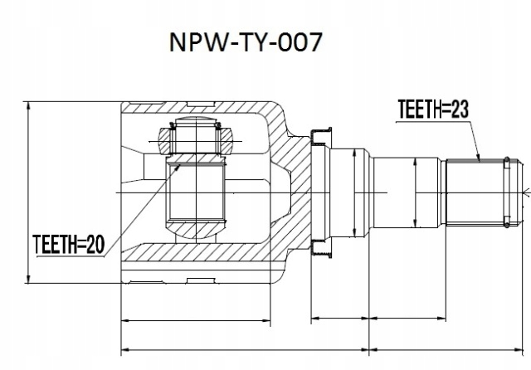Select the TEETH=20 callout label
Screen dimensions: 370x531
(x=68, y=243)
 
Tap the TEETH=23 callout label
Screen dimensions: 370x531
(x=431, y=109)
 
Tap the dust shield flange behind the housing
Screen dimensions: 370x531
(x=319, y=192)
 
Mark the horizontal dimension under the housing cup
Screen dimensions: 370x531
(x=197, y=319)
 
